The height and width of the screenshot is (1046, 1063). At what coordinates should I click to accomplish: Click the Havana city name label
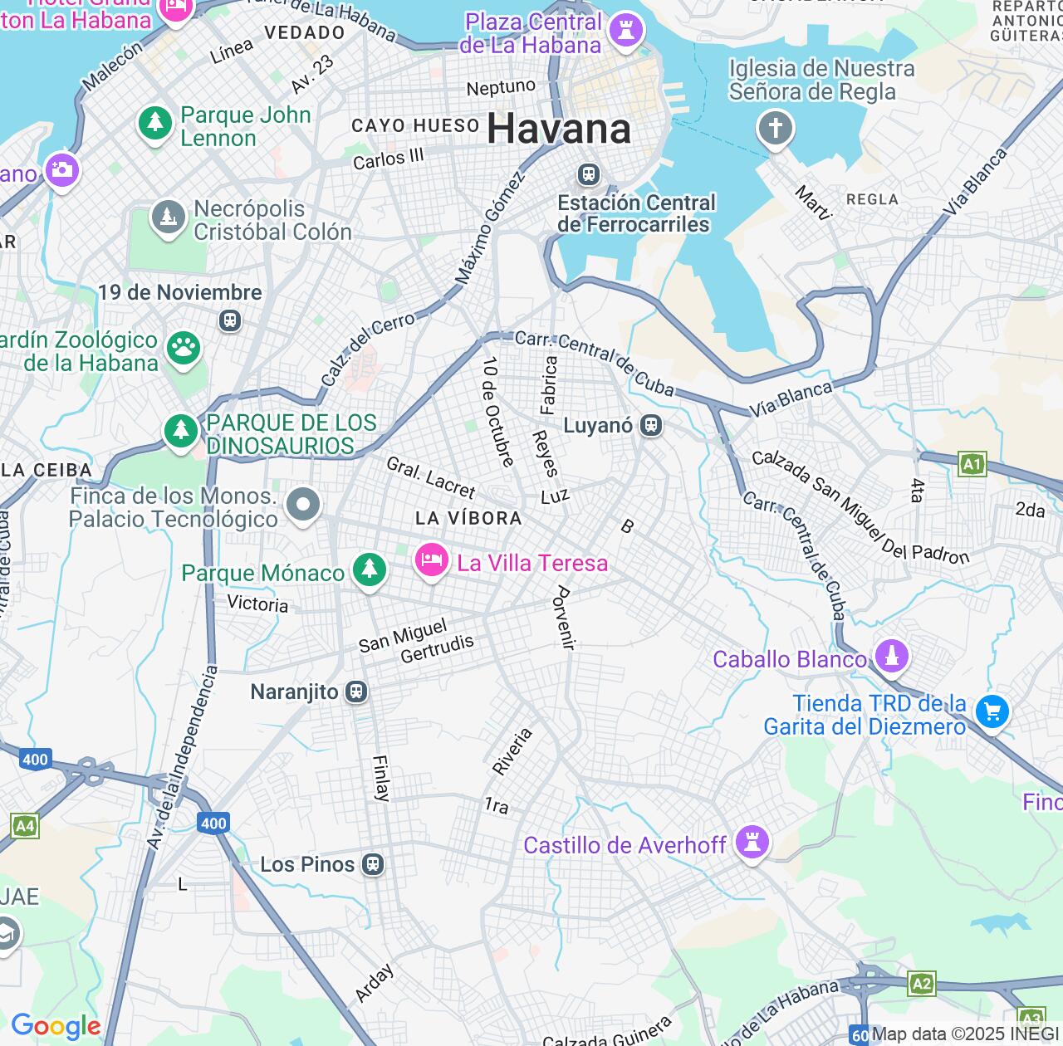tap(558, 130)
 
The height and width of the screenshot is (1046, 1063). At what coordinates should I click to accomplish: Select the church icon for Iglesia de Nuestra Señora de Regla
tap(776, 129)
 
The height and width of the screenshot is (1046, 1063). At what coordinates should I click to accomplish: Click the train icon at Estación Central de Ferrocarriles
tap(589, 174)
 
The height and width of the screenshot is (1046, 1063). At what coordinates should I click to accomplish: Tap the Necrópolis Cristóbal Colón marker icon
tap(169, 218)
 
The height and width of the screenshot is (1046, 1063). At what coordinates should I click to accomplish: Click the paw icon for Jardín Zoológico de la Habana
tap(183, 348)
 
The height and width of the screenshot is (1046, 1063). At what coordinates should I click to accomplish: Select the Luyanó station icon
tap(651, 426)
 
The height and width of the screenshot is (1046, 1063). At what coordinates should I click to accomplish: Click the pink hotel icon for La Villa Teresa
tap(431, 560)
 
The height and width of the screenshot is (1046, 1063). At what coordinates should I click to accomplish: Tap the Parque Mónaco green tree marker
tap(369, 569)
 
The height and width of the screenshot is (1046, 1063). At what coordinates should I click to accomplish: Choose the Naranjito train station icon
tap(356, 692)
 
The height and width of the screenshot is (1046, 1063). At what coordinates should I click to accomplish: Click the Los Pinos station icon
tap(373, 864)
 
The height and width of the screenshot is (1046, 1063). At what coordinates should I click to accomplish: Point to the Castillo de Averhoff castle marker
tap(752, 842)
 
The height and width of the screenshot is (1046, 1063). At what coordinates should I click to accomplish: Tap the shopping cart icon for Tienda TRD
tap(992, 711)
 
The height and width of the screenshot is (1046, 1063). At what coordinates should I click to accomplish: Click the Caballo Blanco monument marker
tap(892, 656)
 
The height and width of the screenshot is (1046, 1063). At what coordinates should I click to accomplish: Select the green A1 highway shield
tap(972, 464)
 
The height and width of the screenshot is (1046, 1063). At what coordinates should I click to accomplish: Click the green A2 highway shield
tap(922, 985)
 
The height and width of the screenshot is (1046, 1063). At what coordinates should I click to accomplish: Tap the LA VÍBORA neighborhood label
tap(468, 519)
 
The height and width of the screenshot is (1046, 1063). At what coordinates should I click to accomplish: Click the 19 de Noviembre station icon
tap(230, 320)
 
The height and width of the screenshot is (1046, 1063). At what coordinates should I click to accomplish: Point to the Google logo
tap(56, 1027)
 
